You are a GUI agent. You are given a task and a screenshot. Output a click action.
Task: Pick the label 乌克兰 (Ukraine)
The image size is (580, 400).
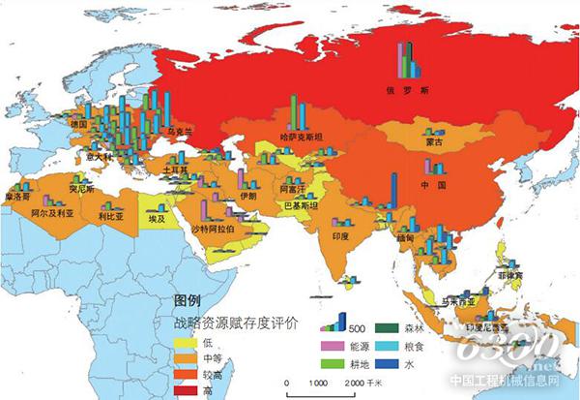182,130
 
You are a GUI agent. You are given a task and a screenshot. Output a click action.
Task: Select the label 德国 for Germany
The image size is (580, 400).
79,125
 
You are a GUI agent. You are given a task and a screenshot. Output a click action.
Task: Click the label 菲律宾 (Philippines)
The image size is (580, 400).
523,275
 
